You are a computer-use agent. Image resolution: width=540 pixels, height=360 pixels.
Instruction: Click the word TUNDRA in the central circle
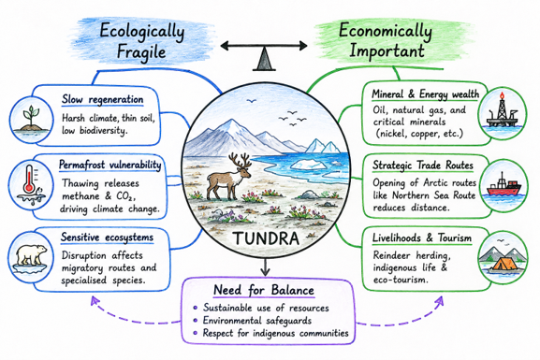266,238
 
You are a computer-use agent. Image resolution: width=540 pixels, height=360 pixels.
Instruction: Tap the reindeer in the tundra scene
228,178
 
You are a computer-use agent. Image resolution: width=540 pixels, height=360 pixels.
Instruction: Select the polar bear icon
31,255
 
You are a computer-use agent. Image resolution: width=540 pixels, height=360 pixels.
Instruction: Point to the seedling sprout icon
31,119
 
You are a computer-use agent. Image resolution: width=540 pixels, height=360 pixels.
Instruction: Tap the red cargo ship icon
504,185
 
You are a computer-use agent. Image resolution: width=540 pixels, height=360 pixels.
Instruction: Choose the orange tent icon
504,265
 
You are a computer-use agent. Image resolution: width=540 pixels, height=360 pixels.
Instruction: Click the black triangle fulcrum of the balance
264,59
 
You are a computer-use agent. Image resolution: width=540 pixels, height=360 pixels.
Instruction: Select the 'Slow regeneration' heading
102,99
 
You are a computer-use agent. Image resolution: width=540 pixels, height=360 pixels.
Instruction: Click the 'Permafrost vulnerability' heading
109,165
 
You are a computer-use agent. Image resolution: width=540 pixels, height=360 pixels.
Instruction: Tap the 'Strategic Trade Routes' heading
423,166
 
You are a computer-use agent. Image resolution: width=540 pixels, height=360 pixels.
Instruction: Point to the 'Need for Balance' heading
264,290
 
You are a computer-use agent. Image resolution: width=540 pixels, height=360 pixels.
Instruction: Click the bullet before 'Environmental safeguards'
196,321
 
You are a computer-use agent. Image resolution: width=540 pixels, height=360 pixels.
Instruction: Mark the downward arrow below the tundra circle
265,266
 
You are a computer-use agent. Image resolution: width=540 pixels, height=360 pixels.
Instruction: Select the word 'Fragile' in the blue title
141,52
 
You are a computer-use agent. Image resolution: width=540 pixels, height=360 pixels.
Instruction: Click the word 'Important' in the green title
387,51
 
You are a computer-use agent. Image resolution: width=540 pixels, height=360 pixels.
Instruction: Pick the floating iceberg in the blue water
309,165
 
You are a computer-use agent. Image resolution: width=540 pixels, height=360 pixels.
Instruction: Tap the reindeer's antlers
240,161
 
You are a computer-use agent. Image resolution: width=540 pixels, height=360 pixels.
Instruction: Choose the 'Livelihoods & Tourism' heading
422,238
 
